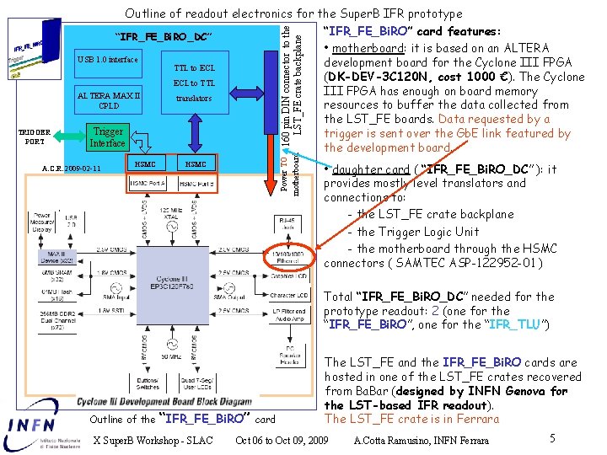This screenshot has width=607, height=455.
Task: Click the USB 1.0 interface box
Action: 107,60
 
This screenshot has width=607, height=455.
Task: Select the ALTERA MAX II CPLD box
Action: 109,100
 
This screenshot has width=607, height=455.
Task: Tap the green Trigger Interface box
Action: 108,137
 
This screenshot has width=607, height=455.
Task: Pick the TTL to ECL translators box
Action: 195,83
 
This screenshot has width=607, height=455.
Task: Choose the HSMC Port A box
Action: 148,184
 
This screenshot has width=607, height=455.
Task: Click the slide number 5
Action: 551,438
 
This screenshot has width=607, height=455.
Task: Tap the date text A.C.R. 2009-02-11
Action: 72,169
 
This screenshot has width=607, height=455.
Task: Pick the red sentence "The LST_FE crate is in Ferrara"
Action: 411,419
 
